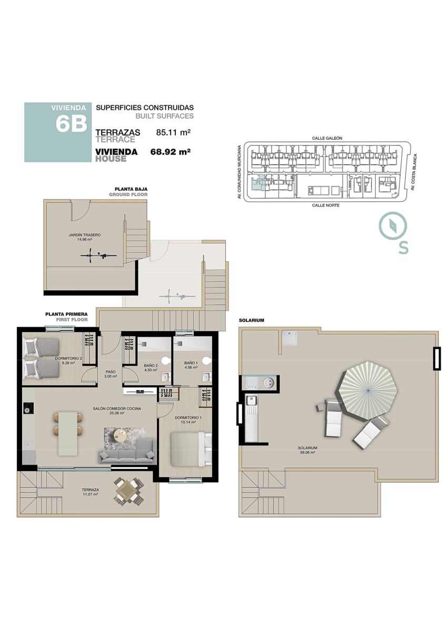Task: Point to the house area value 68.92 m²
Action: click(171, 152)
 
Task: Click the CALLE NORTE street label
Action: click(325, 205)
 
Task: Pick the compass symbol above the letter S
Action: click(393, 225)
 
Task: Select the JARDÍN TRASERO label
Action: click(85, 235)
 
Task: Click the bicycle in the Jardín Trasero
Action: click(98, 255)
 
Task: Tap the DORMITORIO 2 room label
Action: click(68, 358)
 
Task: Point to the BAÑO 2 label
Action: click(151, 366)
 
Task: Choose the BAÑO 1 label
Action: click(191, 362)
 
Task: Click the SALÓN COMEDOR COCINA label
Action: click(117, 408)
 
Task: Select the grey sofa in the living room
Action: click(127, 451)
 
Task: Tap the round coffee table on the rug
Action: click(121, 433)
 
